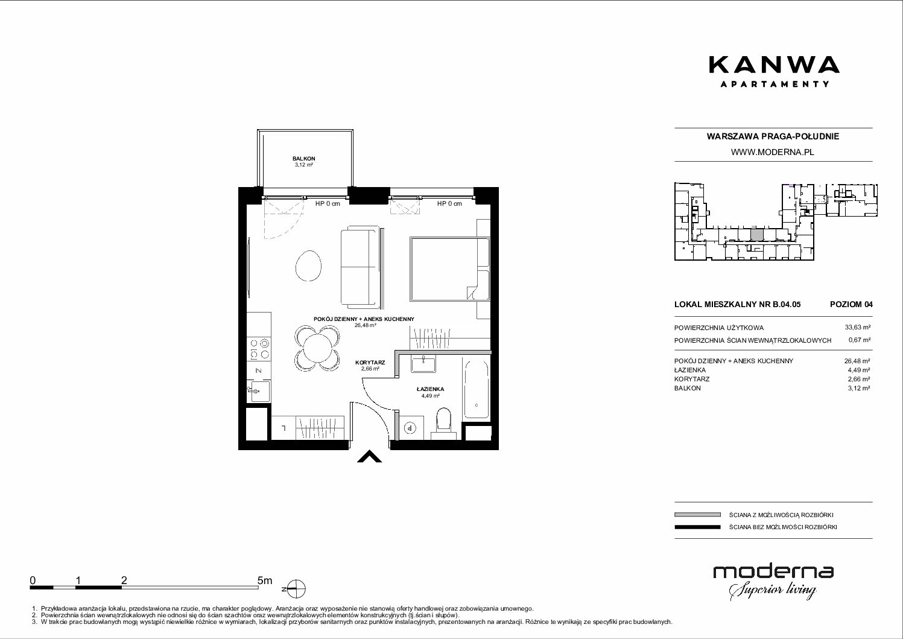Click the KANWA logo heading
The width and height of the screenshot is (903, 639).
click(x=774, y=65)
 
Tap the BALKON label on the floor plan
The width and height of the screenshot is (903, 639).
click(x=304, y=159)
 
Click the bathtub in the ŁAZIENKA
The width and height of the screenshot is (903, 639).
click(x=477, y=389)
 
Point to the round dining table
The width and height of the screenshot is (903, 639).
click(x=318, y=349)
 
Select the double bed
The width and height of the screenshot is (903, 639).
click(x=450, y=269)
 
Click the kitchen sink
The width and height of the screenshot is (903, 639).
click(x=259, y=391)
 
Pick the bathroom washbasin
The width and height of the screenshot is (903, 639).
click(x=423, y=363)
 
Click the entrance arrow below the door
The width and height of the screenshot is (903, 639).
click(x=369, y=457)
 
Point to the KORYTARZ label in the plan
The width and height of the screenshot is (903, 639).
click(x=370, y=363)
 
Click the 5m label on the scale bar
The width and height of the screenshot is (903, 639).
click(x=265, y=580)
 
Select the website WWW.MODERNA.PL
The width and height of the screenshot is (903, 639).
click(x=772, y=152)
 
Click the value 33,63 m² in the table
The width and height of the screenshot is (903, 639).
click(x=858, y=328)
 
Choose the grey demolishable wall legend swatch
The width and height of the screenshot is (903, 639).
click(x=697, y=515)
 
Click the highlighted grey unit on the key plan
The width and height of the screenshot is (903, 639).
click(x=756, y=235)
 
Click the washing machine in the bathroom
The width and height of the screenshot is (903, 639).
click(x=411, y=428)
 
